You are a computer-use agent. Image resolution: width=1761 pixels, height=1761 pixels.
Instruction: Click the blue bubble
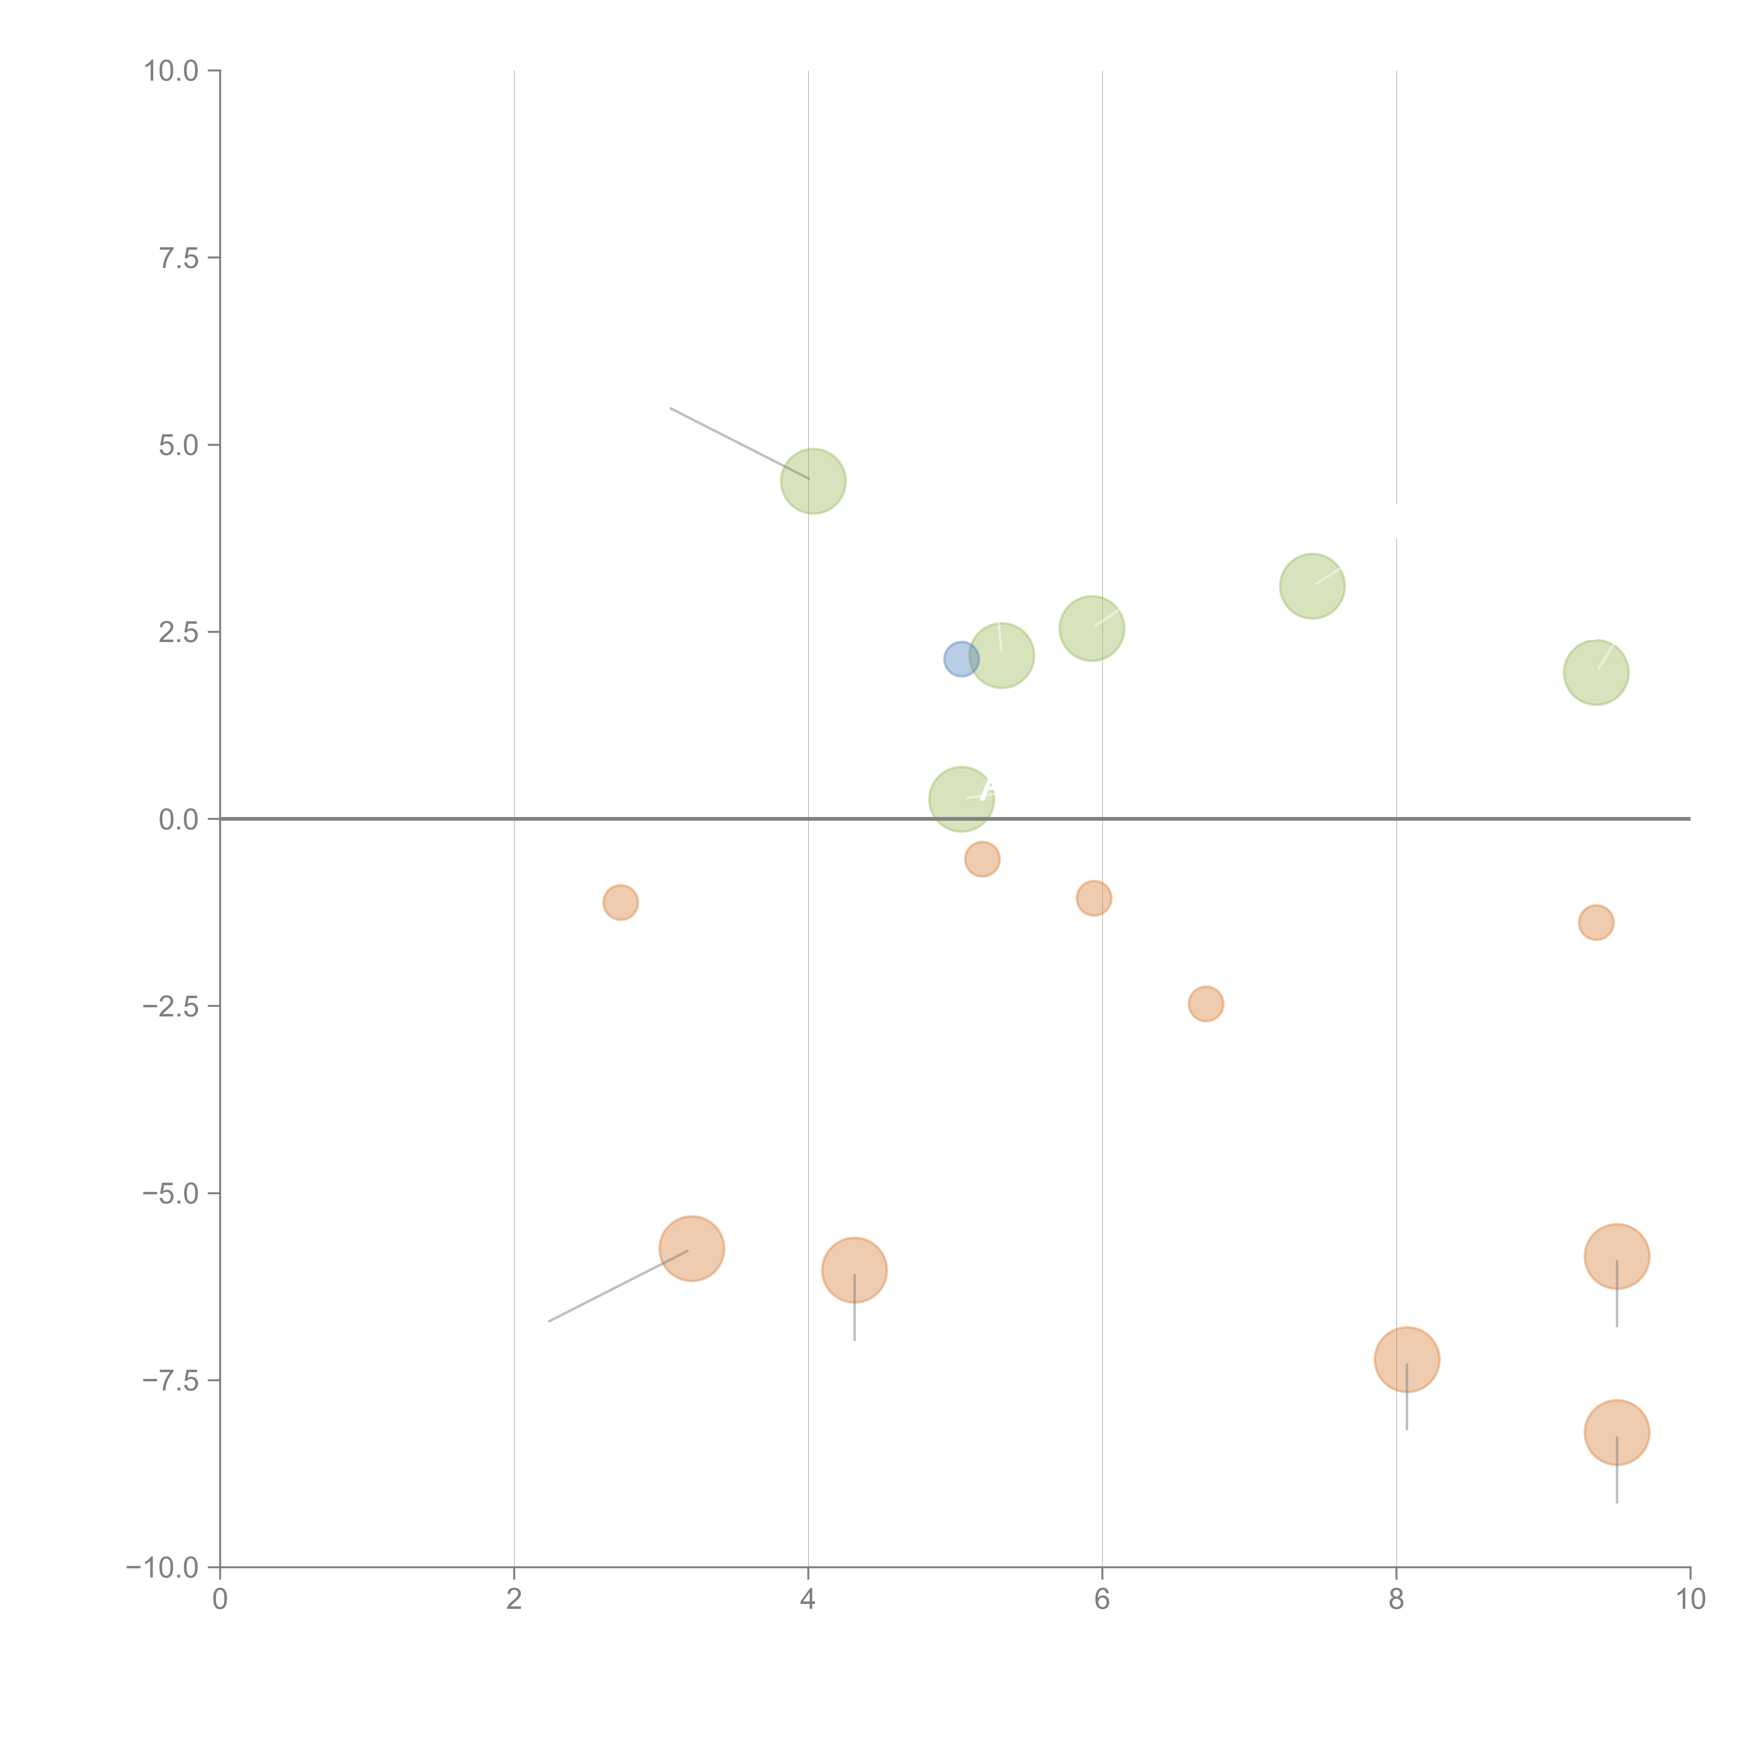(x=961, y=658)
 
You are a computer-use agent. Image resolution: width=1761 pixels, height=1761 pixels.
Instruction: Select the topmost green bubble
(x=813, y=481)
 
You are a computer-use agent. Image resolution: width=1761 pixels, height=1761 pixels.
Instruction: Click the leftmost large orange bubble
(x=692, y=1249)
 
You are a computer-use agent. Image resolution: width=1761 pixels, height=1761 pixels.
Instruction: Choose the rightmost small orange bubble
(x=1596, y=922)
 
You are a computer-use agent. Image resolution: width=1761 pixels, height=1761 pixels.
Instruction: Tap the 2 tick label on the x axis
(x=514, y=1600)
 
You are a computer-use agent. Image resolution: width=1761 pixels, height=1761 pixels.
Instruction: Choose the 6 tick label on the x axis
(x=1102, y=1600)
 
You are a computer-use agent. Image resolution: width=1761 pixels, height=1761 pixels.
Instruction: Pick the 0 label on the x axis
(x=220, y=1600)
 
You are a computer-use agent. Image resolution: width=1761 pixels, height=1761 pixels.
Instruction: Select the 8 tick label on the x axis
(x=1396, y=1600)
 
